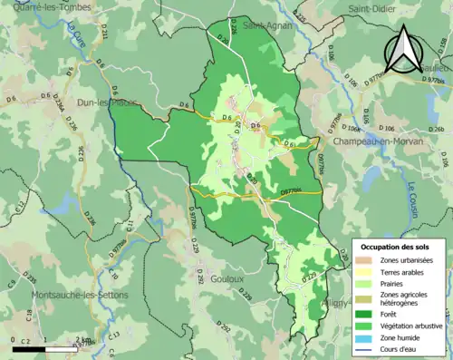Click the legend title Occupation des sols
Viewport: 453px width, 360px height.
(x=397, y=247)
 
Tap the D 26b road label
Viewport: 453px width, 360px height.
(x=438, y=130)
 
